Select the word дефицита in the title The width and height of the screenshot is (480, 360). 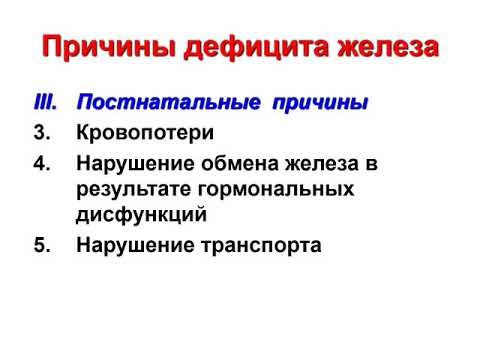(238, 47)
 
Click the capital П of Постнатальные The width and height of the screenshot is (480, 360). (84, 103)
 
